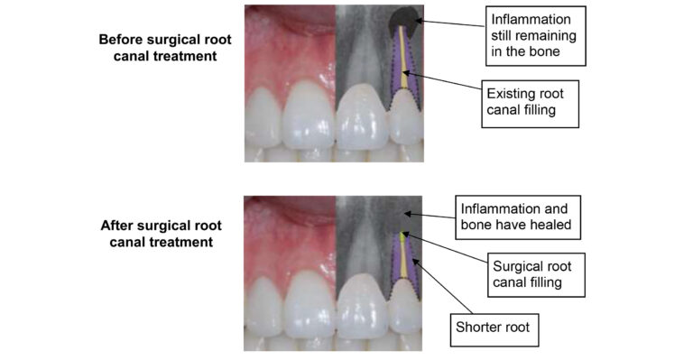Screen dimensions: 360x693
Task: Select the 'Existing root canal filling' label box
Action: coord(530,102)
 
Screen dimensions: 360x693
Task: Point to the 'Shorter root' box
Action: coord(494,328)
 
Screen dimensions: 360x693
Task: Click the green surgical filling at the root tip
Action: coord(403,237)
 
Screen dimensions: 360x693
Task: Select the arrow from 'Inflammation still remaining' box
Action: coord(451,23)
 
